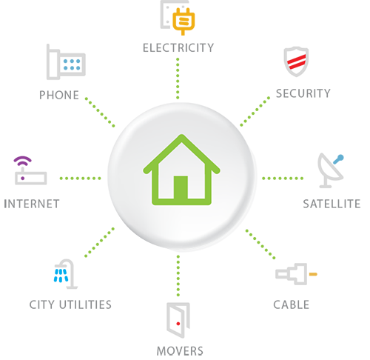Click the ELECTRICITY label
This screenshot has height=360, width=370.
click(178, 48)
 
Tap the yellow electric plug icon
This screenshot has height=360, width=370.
click(184, 21)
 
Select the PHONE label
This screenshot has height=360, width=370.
click(59, 95)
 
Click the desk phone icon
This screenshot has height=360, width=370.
click(66, 62)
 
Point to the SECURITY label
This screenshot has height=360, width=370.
click(303, 93)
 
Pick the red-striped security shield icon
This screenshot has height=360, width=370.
click(296, 61)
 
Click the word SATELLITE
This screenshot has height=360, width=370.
click(332, 204)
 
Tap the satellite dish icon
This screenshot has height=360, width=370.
click(331, 170)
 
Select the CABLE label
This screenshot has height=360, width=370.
click(291, 304)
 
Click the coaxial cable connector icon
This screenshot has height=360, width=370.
click(296, 274)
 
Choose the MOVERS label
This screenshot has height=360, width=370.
click(180, 351)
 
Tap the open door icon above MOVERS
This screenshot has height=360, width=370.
click(178, 320)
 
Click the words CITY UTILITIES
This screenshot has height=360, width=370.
click(70, 304)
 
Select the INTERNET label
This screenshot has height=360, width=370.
click(32, 204)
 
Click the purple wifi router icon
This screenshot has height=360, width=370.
click(30, 171)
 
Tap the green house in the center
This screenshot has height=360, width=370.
click(181, 170)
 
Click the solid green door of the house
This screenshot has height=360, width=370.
click(181, 187)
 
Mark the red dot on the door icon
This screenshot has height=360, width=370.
click(178, 324)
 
